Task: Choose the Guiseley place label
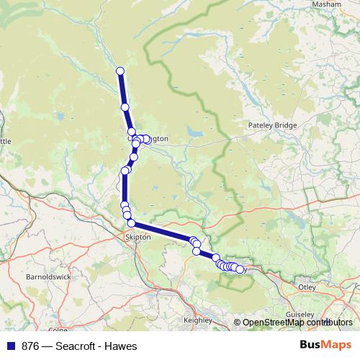coord(300,315)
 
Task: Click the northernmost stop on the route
coord(120,71)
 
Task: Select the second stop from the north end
coord(125,107)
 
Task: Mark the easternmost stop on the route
coord(240,269)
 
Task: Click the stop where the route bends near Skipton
coord(132,223)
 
